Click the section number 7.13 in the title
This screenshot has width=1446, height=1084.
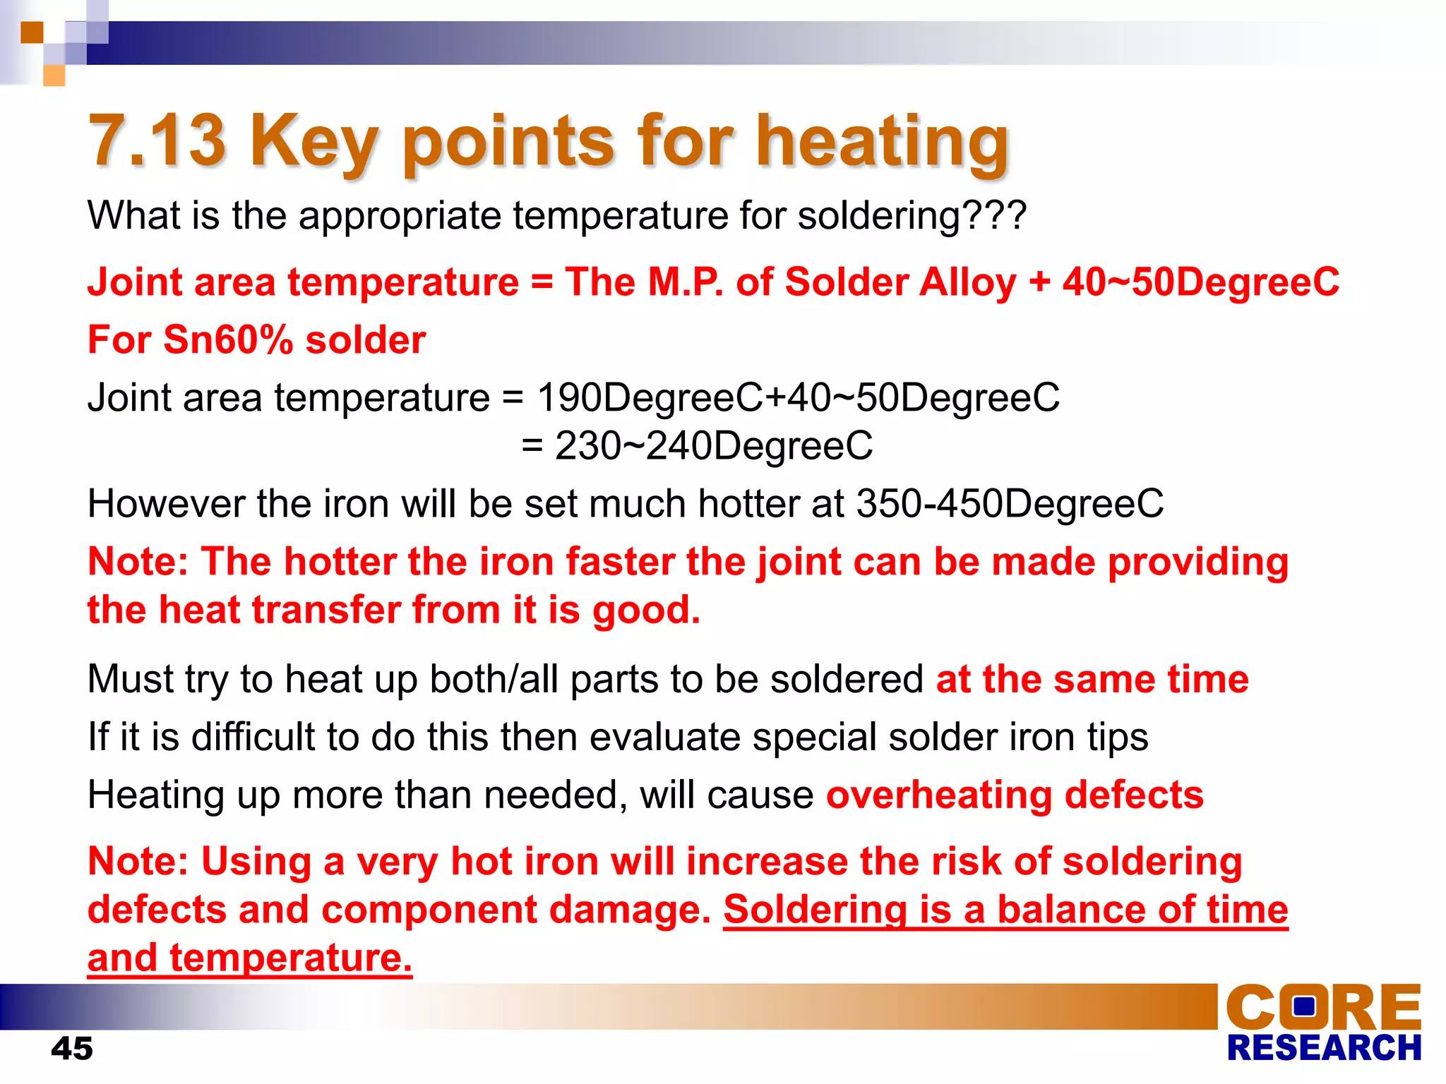click(157, 141)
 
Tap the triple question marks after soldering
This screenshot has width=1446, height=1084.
click(993, 215)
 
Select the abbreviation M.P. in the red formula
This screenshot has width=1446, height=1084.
click(685, 282)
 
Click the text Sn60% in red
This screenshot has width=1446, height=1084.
click(228, 339)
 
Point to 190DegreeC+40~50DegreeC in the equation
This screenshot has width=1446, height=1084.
click(798, 397)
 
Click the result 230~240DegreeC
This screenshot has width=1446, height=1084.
click(713, 446)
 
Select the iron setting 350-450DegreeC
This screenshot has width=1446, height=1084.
click(1010, 504)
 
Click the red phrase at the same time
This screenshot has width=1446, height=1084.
click(1092, 679)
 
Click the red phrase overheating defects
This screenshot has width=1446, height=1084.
click(1015, 795)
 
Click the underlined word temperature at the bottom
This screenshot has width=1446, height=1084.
click(290, 958)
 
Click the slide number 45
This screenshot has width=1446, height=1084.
click(71, 1048)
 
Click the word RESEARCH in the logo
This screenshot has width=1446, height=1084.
click(1324, 1048)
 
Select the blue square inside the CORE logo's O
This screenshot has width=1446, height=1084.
click(1304, 1006)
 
